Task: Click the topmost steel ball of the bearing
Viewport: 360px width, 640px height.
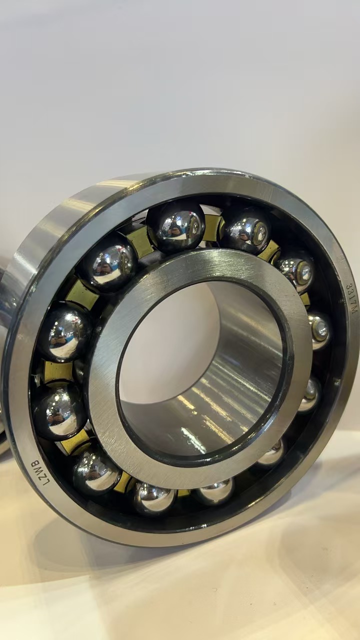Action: pos(175,227)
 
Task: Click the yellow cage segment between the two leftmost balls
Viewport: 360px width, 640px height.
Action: pos(58,371)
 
